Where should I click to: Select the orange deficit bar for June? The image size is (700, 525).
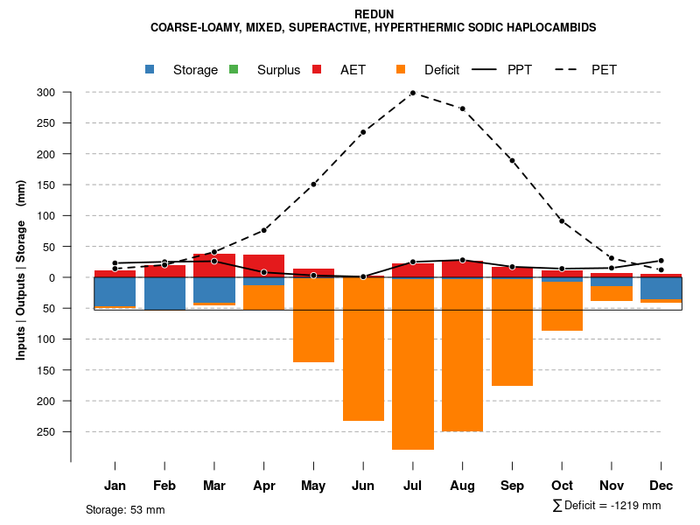click(363, 350)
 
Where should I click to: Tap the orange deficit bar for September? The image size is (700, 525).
click(512, 332)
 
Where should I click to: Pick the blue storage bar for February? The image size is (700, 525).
click(164, 294)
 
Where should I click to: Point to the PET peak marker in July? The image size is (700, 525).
click(413, 93)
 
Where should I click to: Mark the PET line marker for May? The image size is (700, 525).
click(313, 185)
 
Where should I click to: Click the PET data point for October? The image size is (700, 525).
click(562, 221)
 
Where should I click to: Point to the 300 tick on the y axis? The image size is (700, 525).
click(45, 93)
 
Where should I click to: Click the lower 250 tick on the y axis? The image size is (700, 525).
click(45, 431)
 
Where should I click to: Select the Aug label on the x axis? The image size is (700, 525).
click(462, 486)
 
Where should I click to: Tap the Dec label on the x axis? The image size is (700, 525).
click(661, 486)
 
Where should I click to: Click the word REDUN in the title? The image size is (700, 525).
click(374, 14)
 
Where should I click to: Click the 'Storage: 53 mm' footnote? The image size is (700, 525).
click(125, 509)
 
